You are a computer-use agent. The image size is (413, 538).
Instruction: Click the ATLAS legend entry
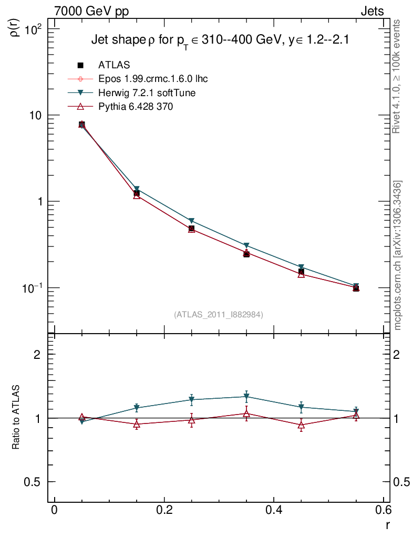(113, 65)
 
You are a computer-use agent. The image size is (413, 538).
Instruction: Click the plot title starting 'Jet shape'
(220, 40)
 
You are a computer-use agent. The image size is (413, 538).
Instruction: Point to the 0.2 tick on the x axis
(164, 511)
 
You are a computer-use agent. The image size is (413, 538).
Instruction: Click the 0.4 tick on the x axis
(273, 511)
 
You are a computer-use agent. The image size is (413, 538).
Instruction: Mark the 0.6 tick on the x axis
(383, 511)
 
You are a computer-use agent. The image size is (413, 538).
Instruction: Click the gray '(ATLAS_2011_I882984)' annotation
(219, 314)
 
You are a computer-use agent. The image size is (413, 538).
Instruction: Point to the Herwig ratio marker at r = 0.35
(246, 397)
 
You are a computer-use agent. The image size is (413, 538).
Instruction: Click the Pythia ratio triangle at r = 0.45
(301, 426)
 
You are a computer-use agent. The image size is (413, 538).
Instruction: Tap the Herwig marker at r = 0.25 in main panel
(192, 221)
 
